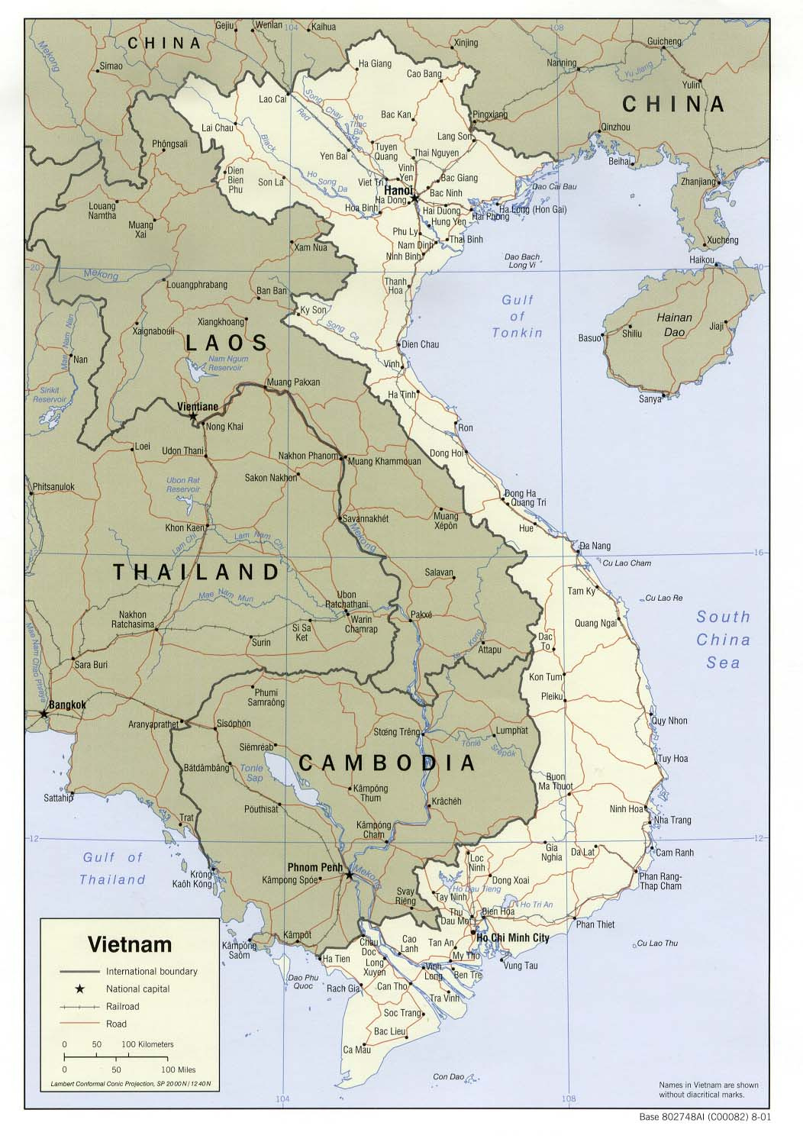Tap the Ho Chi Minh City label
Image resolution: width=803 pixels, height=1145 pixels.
click(514, 937)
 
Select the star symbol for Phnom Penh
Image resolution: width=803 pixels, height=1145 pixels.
click(350, 875)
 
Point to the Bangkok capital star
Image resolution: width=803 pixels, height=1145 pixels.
click(44, 714)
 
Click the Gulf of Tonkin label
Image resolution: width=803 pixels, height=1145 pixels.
click(518, 316)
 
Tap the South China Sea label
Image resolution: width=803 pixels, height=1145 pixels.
click(722, 640)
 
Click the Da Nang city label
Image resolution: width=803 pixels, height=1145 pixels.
click(595, 546)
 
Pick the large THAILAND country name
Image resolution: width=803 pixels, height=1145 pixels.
click(197, 572)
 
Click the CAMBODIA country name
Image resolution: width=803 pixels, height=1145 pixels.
click(387, 763)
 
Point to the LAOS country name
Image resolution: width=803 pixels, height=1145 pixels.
click(227, 343)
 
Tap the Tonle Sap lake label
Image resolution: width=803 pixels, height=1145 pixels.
click(251, 772)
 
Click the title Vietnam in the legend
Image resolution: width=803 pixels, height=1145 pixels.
click(130, 944)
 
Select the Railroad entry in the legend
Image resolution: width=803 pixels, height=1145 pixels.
click(123, 1006)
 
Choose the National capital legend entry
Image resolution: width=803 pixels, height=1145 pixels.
click(137, 989)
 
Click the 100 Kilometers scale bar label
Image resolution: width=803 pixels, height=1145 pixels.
click(147, 1043)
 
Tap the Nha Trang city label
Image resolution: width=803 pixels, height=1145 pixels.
click(672, 820)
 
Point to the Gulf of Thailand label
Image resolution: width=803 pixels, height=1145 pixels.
click(113, 869)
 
